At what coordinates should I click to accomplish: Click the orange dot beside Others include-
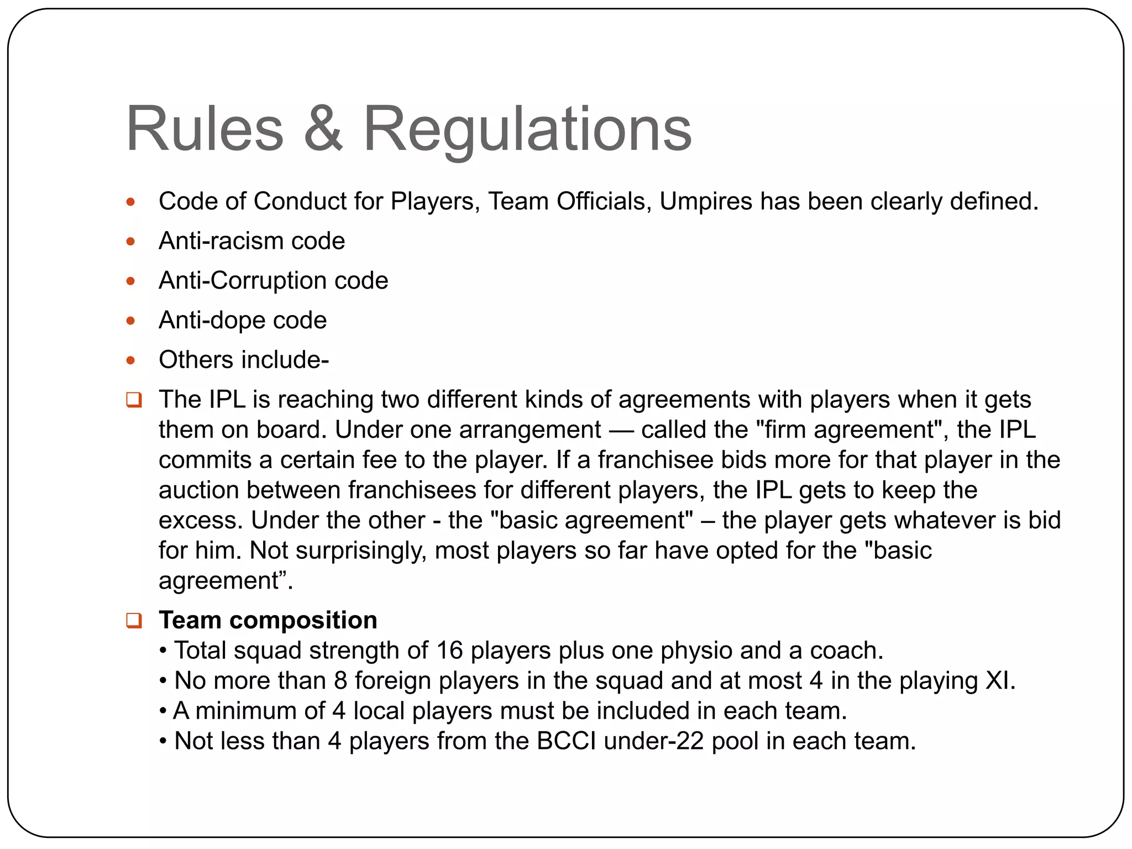(x=131, y=360)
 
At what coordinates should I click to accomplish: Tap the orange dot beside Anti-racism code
(x=131, y=241)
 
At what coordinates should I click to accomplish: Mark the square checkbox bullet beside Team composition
(x=134, y=620)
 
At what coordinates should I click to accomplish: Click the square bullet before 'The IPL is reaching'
(x=134, y=399)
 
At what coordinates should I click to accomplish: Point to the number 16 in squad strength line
(x=449, y=651)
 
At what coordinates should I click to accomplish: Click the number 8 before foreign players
(x=340, y=681)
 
